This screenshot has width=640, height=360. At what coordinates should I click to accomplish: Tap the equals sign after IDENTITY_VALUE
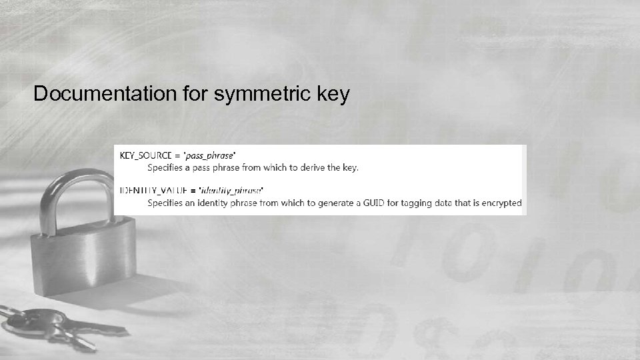193,190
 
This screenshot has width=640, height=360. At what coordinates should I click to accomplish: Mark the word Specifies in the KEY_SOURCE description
167,167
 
